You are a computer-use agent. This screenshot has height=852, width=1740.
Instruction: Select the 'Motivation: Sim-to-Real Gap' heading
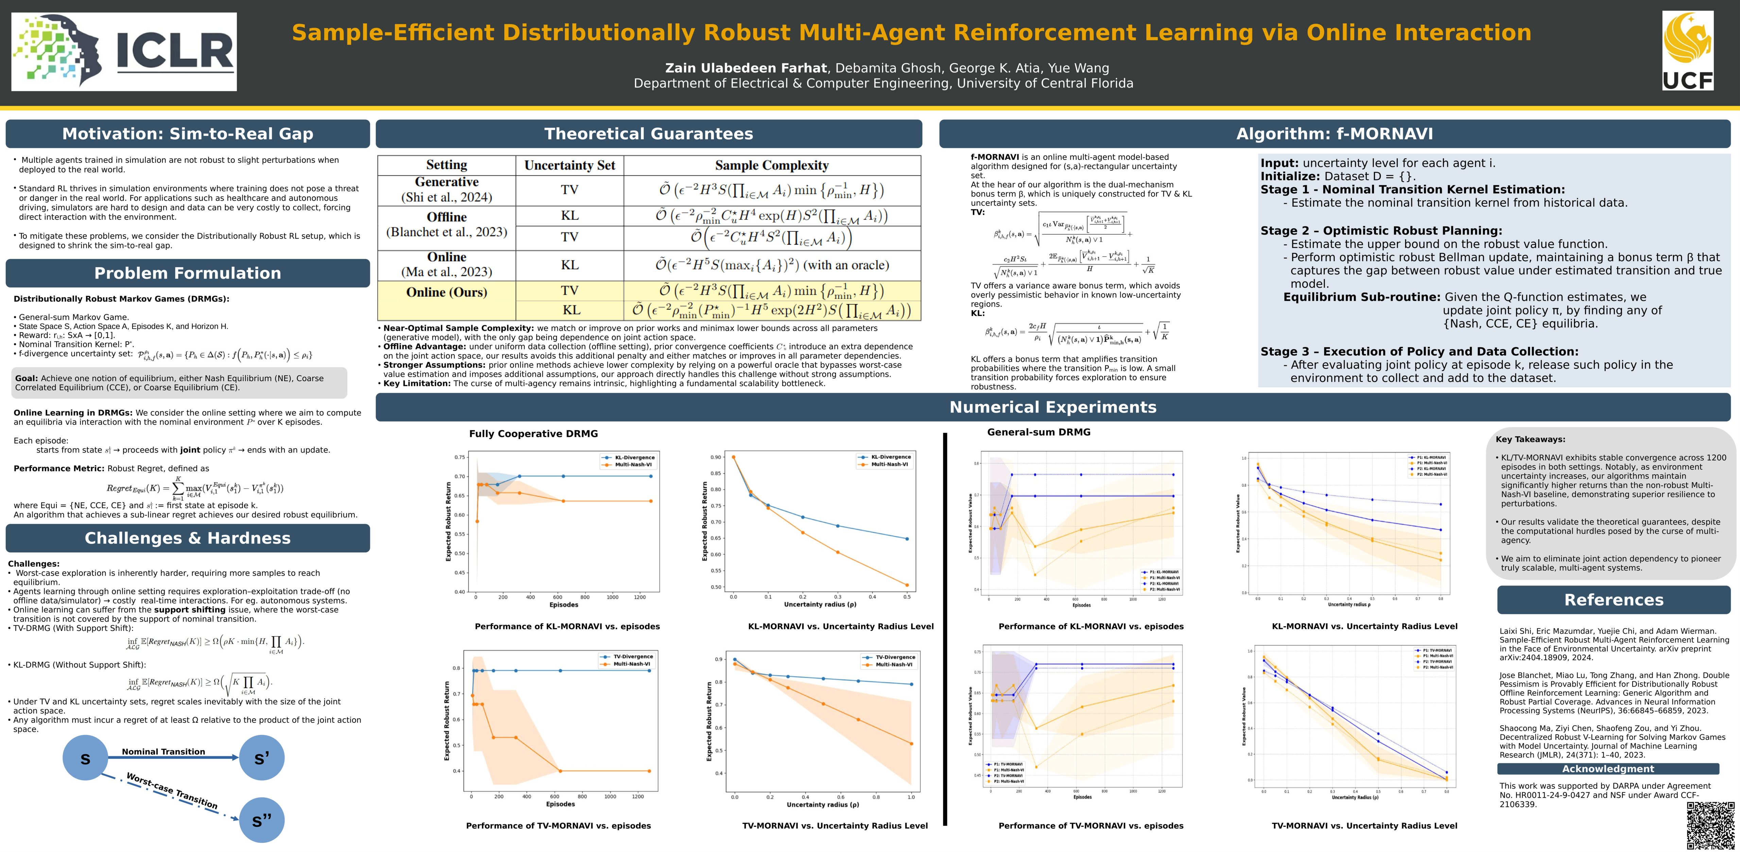(188, 134)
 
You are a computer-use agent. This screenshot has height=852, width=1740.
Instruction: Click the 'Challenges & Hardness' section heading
(188, 538)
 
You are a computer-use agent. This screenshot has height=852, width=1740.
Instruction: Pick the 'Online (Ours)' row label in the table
(447, 292)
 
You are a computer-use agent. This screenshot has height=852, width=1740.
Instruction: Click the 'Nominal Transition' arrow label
(163, 751)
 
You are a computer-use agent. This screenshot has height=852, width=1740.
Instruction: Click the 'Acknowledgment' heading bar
(1608, 769)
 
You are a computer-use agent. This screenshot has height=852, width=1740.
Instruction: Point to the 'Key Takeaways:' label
(1530, 439)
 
